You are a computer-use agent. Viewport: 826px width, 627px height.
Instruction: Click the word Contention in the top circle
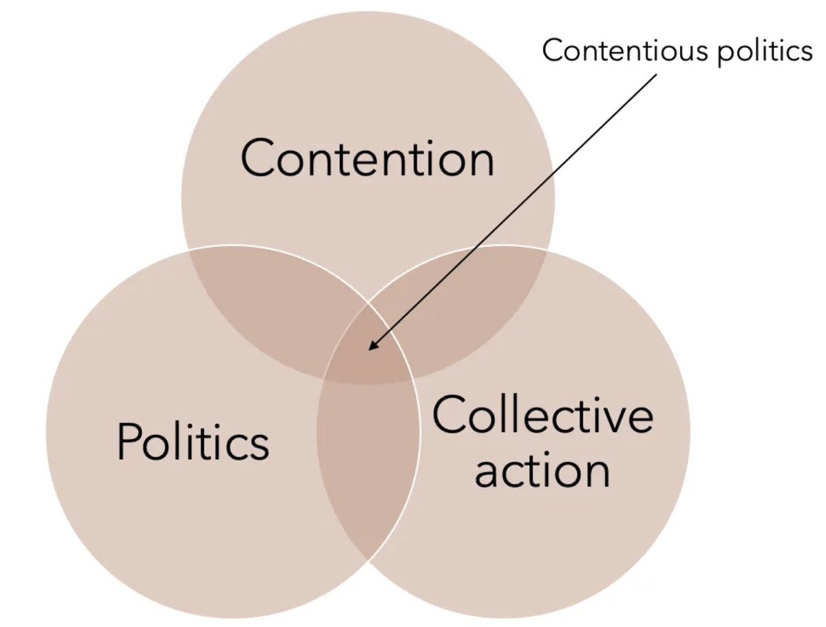(x=367, y=158)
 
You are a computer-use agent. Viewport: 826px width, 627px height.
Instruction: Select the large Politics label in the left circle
(x=193, y=441)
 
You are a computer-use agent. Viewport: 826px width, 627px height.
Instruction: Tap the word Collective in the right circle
(x=542, y=416)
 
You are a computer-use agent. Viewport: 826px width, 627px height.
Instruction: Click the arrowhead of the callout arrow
(x=371, y=348)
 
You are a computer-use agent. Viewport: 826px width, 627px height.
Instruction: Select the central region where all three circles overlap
(x=369, y=358)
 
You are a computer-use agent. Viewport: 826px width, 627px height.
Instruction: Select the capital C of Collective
(x=451, y=416)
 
